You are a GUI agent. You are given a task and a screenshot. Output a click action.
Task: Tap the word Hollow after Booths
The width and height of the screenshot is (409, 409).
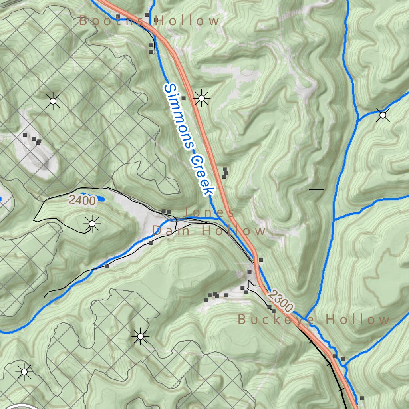[x=187, y=20]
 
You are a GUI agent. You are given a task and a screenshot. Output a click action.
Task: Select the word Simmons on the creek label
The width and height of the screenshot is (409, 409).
[x=179, y=116]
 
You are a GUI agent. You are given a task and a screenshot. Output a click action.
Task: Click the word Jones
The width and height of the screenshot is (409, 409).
[x=210, y=212]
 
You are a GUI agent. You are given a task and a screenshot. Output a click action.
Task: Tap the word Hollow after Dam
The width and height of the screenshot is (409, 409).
[x=234, y=230]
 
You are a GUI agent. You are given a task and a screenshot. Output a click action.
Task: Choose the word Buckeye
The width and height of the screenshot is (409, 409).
[x=276, y=319]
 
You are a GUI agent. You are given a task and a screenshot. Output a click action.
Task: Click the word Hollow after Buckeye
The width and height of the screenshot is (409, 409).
[x=358, y=319]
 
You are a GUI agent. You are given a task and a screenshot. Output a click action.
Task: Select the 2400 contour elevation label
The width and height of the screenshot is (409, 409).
[x=82, y=201]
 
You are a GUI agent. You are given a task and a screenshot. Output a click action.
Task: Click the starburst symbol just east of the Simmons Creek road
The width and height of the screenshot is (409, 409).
[x=201, y=98]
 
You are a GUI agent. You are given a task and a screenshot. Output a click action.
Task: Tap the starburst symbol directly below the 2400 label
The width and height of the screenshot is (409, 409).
[x=92, y=224]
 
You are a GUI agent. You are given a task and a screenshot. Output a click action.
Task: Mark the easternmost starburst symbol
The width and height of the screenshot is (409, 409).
[x=383, y=115]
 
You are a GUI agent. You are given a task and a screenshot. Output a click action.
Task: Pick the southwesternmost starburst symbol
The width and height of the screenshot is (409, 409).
[x=24, y=372]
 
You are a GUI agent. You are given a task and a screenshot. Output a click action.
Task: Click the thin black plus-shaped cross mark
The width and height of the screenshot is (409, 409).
[x=316, y=190]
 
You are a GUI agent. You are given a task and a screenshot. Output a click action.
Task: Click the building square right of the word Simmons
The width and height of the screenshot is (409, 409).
[x=183, y=98]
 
